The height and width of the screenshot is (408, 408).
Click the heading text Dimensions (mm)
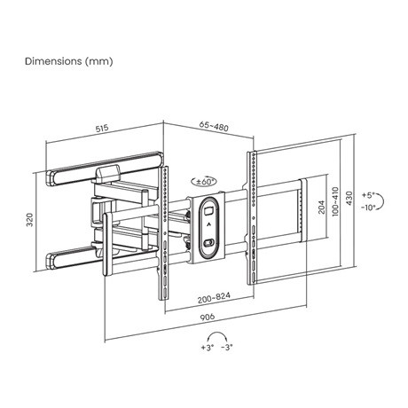69,61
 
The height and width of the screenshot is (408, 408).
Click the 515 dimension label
102,129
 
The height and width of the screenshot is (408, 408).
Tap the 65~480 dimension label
214,126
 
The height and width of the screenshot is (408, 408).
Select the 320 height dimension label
30,219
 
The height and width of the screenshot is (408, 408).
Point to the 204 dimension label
322,207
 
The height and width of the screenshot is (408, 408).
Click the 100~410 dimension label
335,201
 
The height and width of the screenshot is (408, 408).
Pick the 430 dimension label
349,198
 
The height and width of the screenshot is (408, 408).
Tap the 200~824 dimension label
214,298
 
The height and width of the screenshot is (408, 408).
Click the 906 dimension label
208,317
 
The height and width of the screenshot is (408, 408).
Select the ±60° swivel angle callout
204,181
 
